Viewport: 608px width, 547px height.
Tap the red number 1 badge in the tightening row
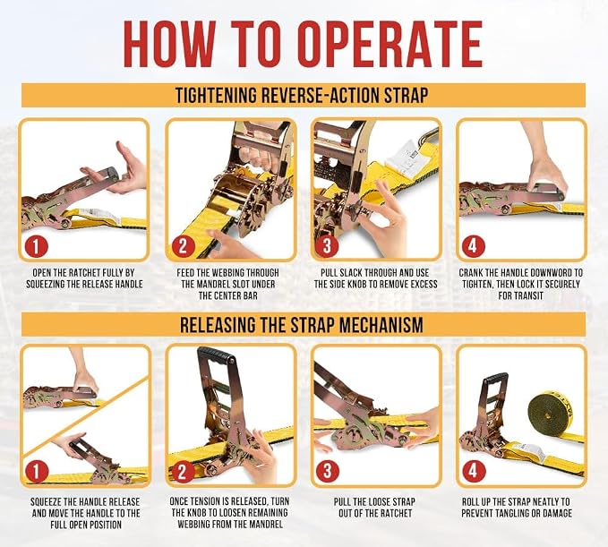click(36, 246)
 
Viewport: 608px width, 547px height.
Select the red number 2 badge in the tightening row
click(183, 246)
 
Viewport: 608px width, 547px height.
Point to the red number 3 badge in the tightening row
click(327, 246)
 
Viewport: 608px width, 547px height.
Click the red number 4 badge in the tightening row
click(473, 246)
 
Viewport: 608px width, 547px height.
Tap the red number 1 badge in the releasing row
click(36, 472)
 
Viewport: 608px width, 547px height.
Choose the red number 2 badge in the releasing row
click(183, 472)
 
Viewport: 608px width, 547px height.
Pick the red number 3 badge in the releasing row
click(327, 472)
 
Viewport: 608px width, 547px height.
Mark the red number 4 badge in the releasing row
click(473, 472)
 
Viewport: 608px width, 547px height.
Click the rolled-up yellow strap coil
click(551, 413)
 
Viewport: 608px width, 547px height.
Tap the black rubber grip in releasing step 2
click(217, 355)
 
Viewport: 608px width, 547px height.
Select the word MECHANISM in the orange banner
click(379, 325)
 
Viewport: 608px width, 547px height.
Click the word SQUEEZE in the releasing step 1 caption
click(45, 502)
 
